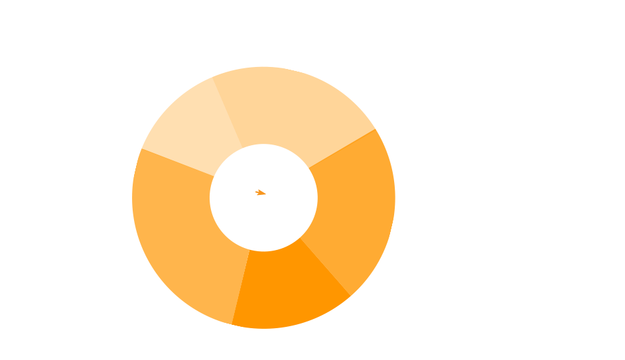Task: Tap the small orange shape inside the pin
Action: (x=260, y=192)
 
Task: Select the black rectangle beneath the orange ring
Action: (x=199, y=322)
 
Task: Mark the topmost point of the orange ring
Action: (x=263, y=67)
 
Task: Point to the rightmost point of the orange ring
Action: (x=395, y=198)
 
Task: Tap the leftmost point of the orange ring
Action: (x=133, y=198)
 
